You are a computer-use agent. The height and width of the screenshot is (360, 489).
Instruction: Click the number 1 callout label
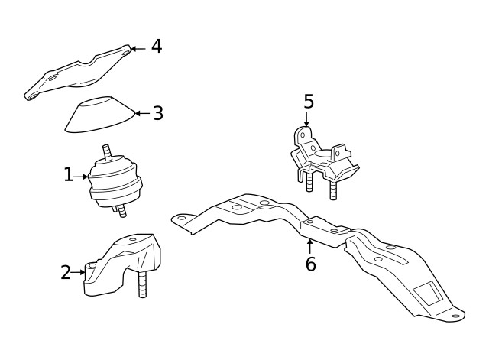[68, 175]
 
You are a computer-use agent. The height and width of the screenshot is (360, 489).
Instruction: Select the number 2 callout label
[66, 272]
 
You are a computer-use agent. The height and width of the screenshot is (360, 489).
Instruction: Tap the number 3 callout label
[157, 113]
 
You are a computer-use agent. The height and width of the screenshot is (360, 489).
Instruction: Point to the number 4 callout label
[156, 47]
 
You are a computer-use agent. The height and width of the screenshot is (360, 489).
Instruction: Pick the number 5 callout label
[308, 102]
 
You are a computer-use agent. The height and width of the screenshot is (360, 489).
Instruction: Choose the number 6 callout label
[310, 264]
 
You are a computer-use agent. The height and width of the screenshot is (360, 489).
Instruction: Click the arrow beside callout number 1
[80, 177]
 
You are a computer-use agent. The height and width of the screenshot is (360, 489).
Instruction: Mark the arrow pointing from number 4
[138, 48]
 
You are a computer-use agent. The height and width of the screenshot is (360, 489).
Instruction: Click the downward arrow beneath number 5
[306, 119]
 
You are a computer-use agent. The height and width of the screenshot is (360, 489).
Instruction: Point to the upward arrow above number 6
[309, 246]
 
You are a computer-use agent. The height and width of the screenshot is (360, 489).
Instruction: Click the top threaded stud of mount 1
[108, 151]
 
